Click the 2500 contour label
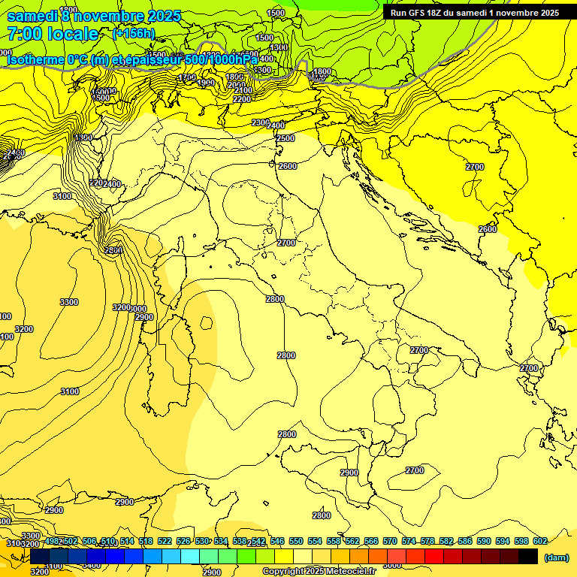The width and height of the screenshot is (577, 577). [x=285, y=138]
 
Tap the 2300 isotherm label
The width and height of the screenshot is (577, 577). [x=260, y=122]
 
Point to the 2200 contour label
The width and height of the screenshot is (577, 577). [x=242, y=99]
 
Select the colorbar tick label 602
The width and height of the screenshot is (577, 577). [x=539, y=541]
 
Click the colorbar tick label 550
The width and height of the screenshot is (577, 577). [x=296, y=541]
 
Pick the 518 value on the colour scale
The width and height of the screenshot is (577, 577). [x=146, y=541]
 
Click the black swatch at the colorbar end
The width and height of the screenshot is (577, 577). [x=528, y=556]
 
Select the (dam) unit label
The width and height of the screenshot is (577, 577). [x=556, y=557]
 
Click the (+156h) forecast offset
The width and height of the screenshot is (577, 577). [x=133, y=33]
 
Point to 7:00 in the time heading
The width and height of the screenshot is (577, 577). [x=24, y=34]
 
